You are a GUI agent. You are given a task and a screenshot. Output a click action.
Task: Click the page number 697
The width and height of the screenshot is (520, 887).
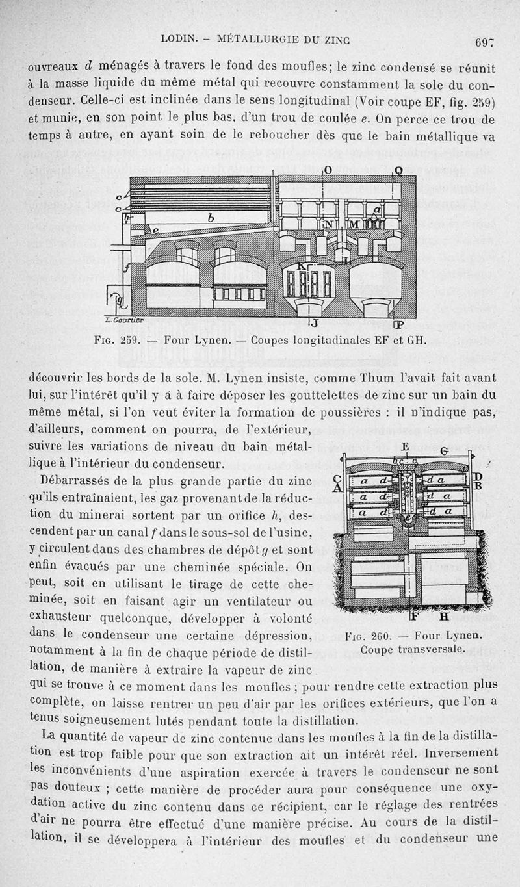(x=485, y=44)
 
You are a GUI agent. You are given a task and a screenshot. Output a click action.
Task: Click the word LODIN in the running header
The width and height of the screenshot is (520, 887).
(x=177, y=39)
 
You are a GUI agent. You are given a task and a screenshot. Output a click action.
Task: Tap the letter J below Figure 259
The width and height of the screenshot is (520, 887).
(x=313, y=322)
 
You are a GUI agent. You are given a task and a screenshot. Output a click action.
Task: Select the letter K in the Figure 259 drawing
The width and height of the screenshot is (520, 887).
(x=301, y=266)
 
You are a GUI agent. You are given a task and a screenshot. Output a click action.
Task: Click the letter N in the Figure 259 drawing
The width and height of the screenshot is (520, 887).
(x=329, y=224)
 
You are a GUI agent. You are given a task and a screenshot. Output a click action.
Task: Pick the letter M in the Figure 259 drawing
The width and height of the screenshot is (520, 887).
(x=355, y=224)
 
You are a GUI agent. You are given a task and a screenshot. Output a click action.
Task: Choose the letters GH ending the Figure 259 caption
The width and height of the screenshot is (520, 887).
(x=416, y=340)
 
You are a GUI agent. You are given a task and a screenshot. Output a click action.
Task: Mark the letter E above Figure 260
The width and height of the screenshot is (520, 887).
(x=405, y=447)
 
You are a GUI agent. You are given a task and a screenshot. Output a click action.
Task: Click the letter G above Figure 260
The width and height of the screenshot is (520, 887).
(x=444, y=450)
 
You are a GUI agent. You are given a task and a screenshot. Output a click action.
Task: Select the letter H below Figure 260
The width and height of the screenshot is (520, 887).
(x=445, y=616)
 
